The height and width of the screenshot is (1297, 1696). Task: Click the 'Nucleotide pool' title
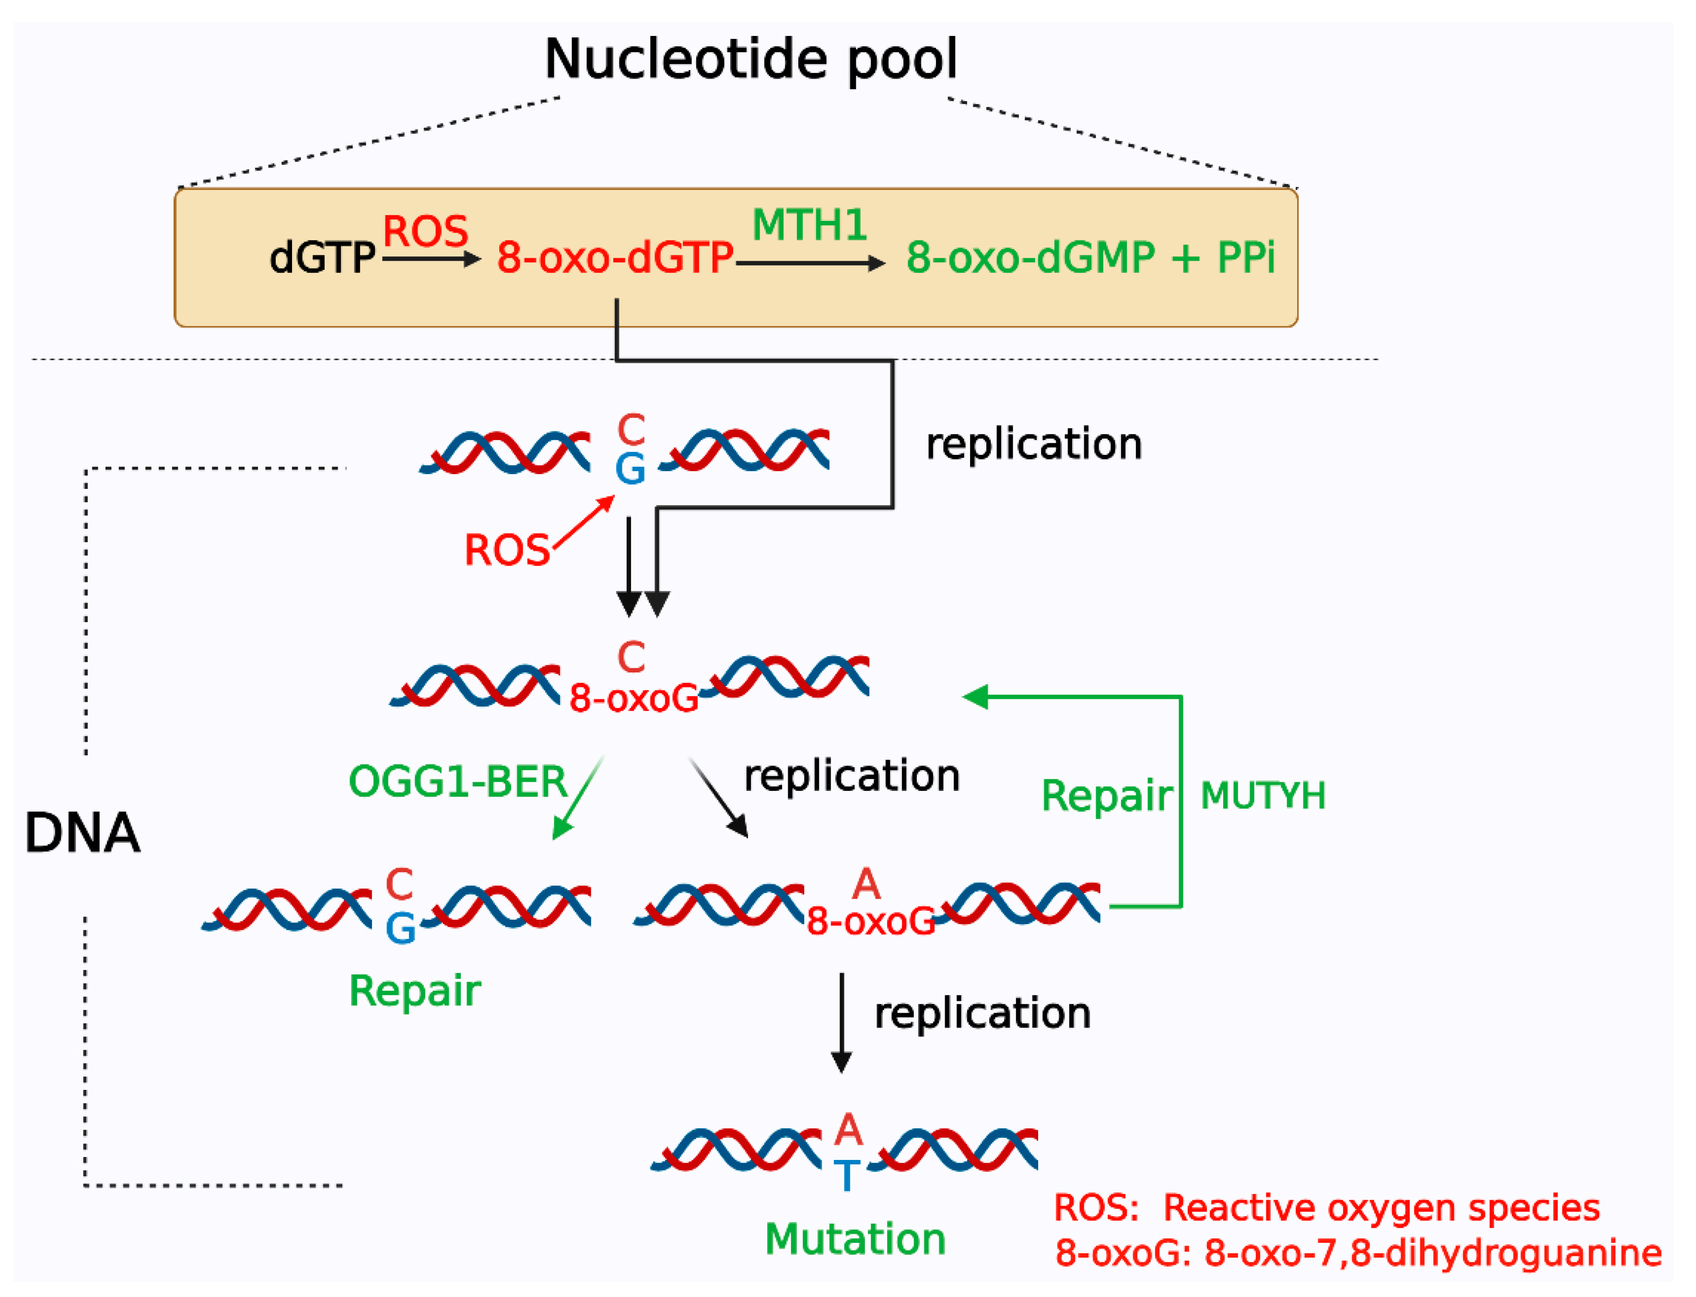click(751, 60)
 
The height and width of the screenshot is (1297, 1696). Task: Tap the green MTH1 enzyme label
click(809, 225)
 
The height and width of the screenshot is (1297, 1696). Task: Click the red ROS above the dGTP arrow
click(425, 231)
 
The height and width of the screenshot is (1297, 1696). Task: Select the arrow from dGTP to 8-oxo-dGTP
click(431, 259)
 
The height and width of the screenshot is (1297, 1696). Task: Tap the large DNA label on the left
click(82, 834)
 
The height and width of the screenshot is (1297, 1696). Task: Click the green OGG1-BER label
click(458, 782)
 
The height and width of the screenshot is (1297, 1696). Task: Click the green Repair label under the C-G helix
click(415, 991)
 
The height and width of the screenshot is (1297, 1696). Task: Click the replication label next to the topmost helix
click(1033, 445)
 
